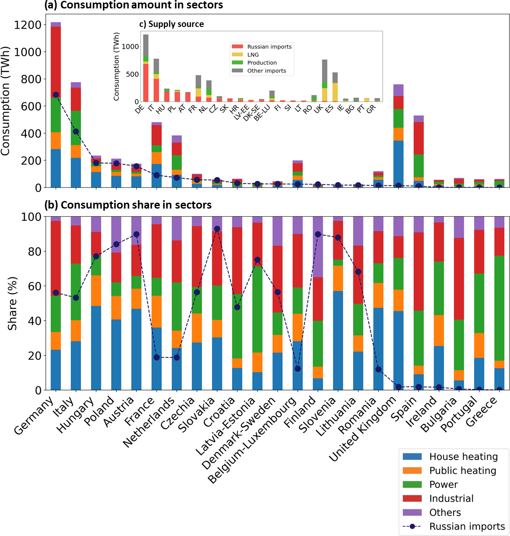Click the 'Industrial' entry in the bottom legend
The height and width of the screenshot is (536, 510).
[451, 498]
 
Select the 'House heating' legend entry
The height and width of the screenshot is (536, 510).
[463, 457]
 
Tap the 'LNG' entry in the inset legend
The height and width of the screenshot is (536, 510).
[253, 55]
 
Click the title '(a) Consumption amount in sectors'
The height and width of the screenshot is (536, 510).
[134, 5]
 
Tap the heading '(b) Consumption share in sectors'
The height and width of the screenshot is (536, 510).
[128, 205]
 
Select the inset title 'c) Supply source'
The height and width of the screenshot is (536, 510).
[172, 24]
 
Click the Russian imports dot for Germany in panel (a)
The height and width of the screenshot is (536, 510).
[56, 95]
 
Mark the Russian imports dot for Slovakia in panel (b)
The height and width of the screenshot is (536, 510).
[217, 229]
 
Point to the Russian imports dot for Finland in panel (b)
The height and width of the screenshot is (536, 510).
[318, 234]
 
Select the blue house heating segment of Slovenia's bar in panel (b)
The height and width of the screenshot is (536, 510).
[338, 340]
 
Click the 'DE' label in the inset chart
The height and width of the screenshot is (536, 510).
[139, 109]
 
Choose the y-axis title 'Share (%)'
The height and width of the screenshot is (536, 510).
[13, 303]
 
